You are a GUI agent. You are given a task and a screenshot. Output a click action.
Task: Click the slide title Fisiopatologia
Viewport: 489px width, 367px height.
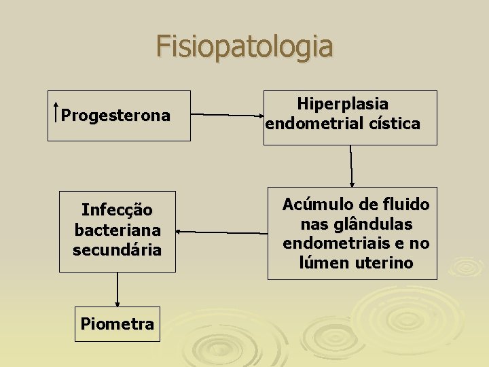pos(244,47)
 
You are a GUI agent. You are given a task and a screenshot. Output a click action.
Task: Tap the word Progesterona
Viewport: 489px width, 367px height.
pos(115,116)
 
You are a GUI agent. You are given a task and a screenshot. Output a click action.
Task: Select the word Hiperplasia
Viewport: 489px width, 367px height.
pos(343,104)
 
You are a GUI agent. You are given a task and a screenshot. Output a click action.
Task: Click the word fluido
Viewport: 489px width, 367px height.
pos(406,205)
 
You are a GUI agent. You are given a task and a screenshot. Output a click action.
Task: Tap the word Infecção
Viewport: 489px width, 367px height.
pos(117,210)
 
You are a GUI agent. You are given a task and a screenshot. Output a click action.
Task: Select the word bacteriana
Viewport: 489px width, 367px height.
pos(117,230)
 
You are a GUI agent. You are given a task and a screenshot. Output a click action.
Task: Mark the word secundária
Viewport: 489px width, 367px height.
pos(117,249)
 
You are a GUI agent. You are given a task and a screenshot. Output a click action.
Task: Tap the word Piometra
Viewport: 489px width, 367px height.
pos(117,324)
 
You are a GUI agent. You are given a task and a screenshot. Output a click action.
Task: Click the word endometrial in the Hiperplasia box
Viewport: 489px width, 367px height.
pos(310,124)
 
